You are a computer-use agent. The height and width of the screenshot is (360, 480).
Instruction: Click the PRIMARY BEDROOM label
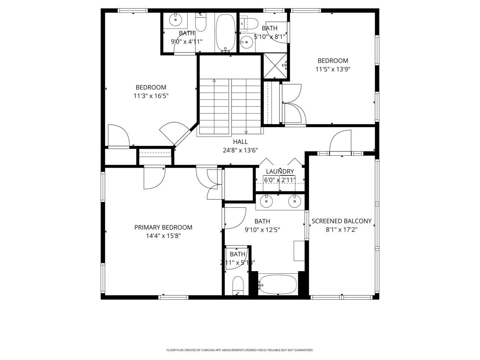coord(163,227)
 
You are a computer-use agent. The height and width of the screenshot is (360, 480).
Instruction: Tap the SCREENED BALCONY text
coord(341,221)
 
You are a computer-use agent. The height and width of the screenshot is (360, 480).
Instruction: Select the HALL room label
coord(240,142)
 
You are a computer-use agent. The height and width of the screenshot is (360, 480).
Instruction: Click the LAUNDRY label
coord(280,172)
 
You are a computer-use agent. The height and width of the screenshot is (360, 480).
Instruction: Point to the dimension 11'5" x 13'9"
coord(333,69)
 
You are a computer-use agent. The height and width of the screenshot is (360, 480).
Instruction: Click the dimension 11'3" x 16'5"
coord(151,96)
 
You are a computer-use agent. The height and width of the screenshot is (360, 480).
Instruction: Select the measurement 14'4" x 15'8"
coord(163,236)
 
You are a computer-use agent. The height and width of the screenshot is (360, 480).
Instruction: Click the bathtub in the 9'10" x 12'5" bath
coord(278,285)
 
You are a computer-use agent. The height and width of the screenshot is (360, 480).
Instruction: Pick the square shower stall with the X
coord(276,66)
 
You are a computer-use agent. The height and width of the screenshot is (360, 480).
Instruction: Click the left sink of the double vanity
coord(267,202)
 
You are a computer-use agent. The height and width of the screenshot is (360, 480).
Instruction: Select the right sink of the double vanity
coord(294,202)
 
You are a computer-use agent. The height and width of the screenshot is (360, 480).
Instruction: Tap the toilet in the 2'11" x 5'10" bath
coord(238,286)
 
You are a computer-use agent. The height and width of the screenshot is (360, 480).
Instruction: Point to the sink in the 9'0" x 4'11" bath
coord(175,19)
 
